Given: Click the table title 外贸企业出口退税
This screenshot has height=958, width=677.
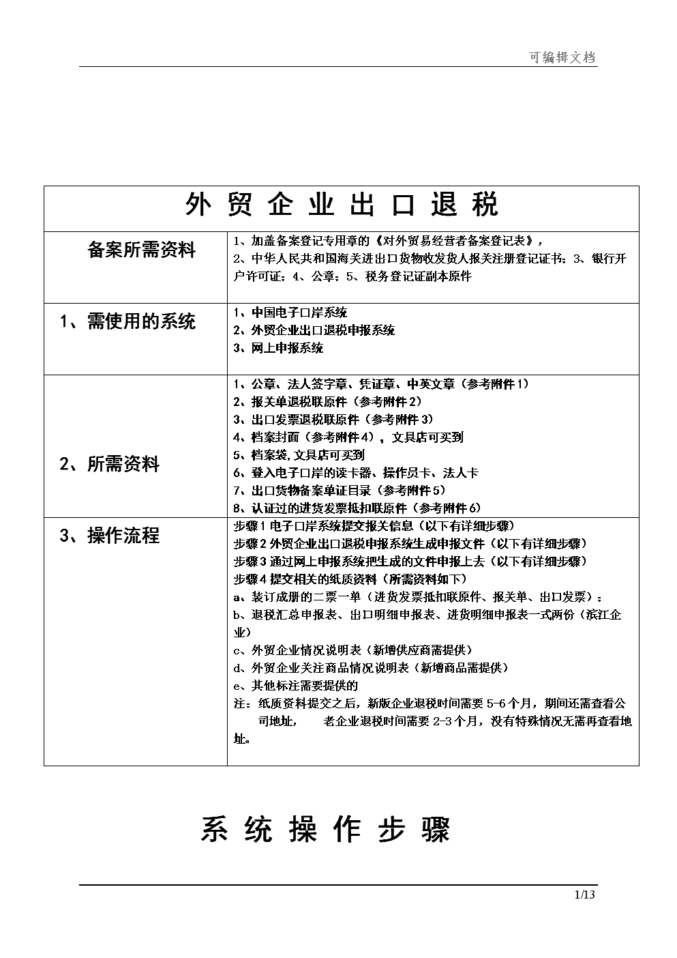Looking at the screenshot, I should click(x=342, y=205).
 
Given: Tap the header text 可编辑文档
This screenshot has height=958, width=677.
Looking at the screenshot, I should click(x=562, y=58).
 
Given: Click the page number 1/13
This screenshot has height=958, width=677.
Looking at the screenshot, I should click(x=585, y=895).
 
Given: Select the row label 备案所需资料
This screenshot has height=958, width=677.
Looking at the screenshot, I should click(x=141, y=250).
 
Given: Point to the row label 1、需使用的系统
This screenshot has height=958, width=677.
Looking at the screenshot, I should click(x=127, y=321).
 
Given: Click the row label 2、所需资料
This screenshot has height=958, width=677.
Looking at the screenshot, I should click(x=110, y=465).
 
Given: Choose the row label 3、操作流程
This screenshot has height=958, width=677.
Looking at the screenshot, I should click(x=110, y=536).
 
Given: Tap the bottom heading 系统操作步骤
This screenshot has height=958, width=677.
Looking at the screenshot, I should click(x=325, y=830).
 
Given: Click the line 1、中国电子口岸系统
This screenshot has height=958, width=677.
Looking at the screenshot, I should click(x=290, y=313).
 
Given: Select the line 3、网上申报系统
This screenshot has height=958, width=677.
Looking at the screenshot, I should click(x=278, y=348).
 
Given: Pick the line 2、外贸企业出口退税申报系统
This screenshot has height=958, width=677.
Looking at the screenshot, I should click(x=314, y=330).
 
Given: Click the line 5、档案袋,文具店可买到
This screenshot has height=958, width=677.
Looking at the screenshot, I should click(x=299, y=455).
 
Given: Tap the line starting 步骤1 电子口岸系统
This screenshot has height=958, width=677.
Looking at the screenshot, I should click(x=374, y=526).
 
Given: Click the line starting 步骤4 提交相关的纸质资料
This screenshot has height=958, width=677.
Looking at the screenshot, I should click(x=350, y=579).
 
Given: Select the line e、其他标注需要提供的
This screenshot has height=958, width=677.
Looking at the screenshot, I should click(x=296, y=686).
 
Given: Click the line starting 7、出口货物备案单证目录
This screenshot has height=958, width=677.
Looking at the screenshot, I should click(x=340, y=491).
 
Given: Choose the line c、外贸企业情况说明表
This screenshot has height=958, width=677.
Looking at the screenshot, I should click(x=352, y=650).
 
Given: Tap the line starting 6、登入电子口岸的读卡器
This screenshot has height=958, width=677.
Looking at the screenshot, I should click(x=355, y=473).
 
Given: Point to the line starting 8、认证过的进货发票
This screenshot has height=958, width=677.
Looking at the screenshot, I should click(x=357, y=508).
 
